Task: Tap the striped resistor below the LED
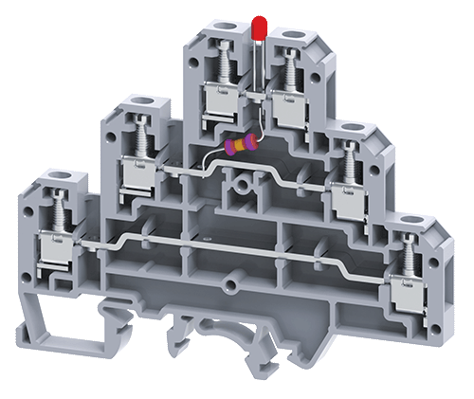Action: [241, 146]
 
